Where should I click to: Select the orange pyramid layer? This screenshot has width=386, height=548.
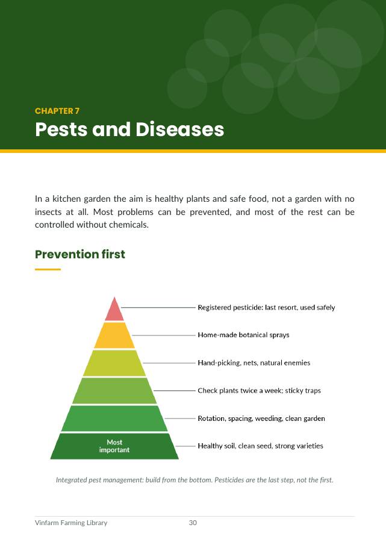(114, 335)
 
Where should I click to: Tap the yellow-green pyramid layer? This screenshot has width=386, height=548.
(114, 363)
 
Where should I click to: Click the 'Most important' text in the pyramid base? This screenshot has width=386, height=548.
(114, 446)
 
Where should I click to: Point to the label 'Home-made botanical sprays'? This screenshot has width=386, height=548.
(243, 335)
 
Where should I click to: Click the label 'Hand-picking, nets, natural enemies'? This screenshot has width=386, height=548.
(254, 363)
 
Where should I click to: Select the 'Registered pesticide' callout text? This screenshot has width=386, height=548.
(266, 308)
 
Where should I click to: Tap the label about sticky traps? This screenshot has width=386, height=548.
(259, 390)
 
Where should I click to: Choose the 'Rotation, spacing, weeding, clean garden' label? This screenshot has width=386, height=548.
(261, 419)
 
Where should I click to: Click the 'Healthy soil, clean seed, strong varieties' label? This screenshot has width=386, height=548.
(261, 446)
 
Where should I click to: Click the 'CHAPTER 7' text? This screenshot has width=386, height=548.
(57, 111)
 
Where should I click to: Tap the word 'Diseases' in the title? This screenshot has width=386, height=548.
(179, 129)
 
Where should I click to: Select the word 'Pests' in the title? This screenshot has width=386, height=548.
(61, 129)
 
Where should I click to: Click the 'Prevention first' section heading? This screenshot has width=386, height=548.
(80, 254)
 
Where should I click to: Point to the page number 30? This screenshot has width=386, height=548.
(193, 523)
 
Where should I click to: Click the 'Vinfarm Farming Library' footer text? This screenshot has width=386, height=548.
(71, 523)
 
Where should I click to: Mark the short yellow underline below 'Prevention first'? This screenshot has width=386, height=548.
(48, 269)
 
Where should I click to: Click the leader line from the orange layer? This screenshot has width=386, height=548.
(164, 335)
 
